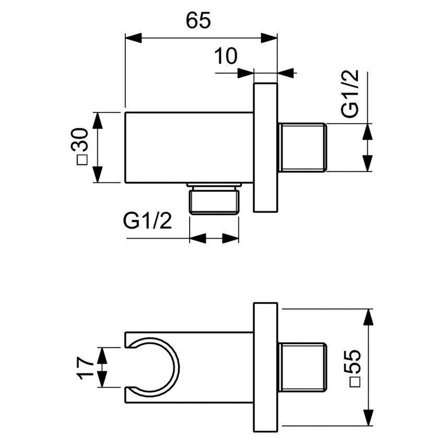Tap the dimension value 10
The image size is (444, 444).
click(x=226, y=56)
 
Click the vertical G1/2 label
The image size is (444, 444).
click(x=350, y=95)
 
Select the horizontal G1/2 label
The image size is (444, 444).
click(x=148, y=221)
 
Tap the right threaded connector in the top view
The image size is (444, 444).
click(x=302, y=147)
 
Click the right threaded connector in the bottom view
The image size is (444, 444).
click(x=302, y=368)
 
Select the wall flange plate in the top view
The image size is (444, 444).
click(x=265, y=147)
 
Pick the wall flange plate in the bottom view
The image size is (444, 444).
click(x=265, y=368)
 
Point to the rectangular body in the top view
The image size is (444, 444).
click(x=188, y=147)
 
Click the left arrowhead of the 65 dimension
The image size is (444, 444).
click(x=133, y=38)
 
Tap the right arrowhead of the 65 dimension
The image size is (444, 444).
click(x=269, y=38)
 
